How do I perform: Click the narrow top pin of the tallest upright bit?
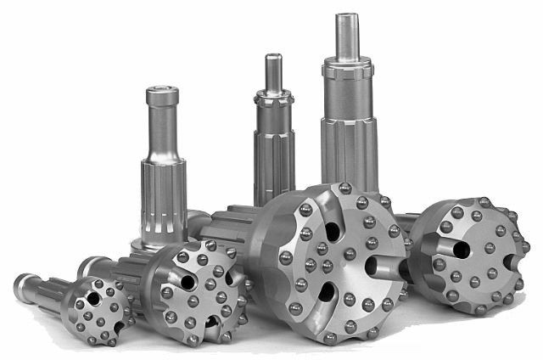tap(347, 36)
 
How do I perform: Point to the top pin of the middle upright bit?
tap(273, 73)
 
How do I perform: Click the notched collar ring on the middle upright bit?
tap(274, 99)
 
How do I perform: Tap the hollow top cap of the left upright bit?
tap(162, 96)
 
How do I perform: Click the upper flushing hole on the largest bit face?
tap(332, 230)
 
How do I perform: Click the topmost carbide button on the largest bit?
tap(344, 188)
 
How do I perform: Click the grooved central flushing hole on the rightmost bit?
tap(461, 249)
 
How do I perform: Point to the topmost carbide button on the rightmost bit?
tap(484, 203)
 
